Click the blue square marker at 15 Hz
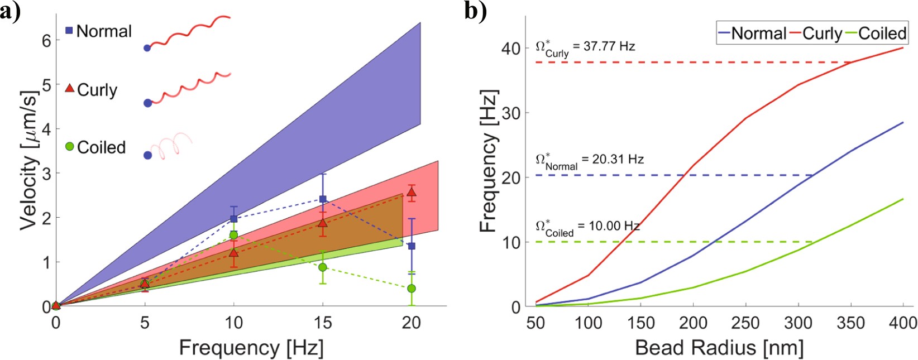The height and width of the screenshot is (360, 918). pyautogui.click(x=323, y=199)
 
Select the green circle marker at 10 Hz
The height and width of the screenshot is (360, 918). pyautogui.click(x=233, y=235)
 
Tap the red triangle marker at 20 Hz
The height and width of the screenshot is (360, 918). pyautogui.click(x=412, y=193)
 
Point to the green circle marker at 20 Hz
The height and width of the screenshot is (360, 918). pyautogui.click(x=412, y=289)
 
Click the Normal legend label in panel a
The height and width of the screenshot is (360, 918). pyautogui.click(x=103, y=31)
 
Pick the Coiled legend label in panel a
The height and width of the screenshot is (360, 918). pyautogui.click(x=101, y=147)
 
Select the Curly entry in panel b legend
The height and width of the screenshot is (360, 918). pyautogui.click(x=822, y=33)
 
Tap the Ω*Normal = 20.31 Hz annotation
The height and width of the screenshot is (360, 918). pyautogui.click(x=589, y=161)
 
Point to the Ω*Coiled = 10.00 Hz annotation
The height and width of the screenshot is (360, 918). pyautogui.click(x=587, y=228)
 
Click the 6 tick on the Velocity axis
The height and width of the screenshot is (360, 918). pyautogui.click(x=46, y=40)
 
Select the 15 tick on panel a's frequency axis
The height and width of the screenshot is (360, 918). pyautogui.click(x=323, y=323)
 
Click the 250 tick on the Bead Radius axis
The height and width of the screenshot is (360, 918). pyautogui.click(x=745, y=323)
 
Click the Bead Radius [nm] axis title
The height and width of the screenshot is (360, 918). pyautogui.click(x=719, y=348)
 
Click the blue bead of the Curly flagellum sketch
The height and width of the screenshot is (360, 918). pyautogui.click(x=148, y=103)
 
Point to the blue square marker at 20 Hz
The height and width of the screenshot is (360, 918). pyautogui.click(x=412, y=246)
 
